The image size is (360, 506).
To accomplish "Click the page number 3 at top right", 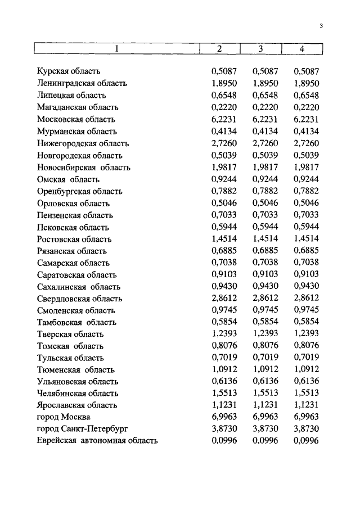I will [320, 25].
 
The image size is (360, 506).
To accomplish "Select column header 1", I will [117, 48].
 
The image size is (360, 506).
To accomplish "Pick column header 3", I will [261, 48].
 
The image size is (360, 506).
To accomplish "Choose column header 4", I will [302, 48].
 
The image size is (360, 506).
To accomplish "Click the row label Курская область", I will [69, 71].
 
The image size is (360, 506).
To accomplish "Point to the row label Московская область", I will [76, 119].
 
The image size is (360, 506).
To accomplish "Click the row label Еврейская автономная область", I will [97, 441].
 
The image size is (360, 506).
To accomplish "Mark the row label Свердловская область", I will [79, 299].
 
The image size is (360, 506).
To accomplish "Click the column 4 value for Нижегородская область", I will [306, 143].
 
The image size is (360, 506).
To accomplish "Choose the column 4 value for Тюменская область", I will [306, 369].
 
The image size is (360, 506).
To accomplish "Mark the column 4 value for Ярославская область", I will [306, 405].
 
